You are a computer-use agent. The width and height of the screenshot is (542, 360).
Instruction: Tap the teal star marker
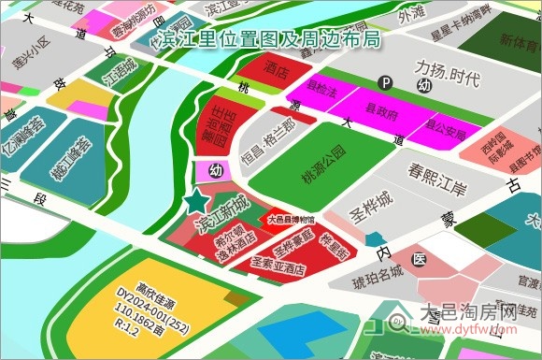196,200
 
